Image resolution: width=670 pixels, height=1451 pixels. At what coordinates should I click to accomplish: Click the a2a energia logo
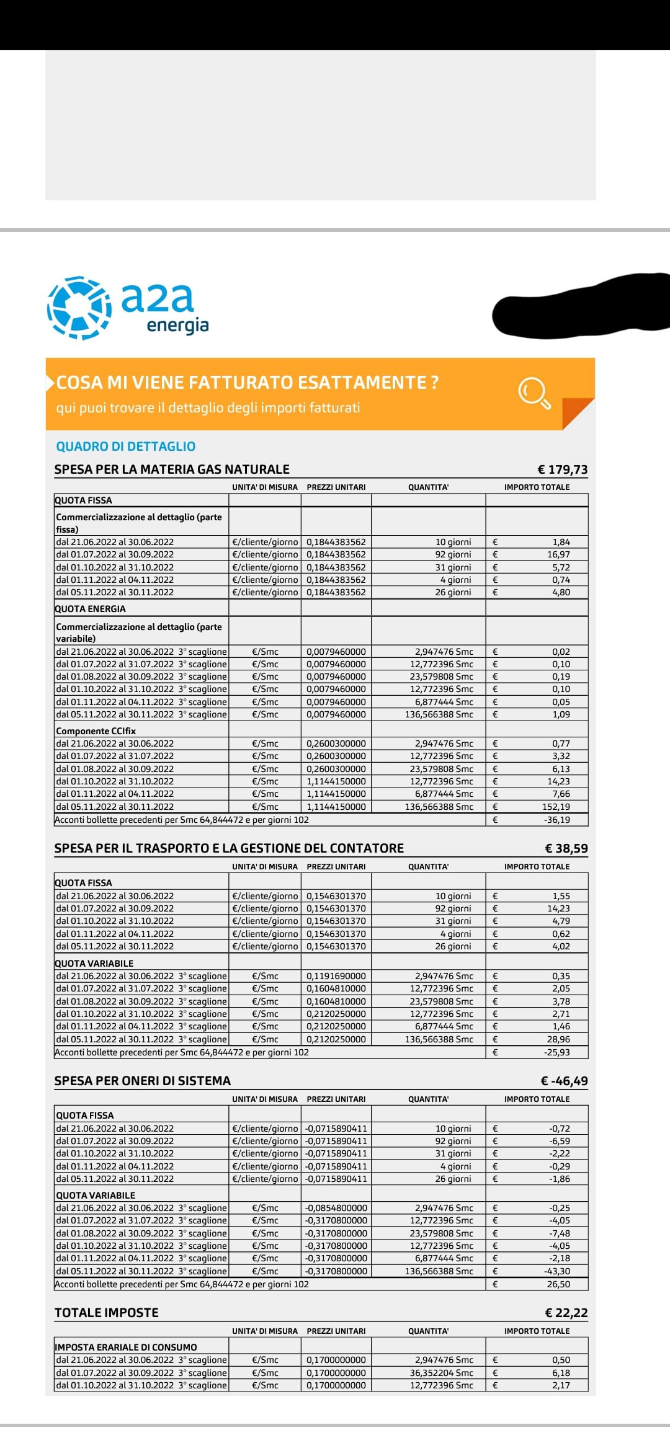[128, 308]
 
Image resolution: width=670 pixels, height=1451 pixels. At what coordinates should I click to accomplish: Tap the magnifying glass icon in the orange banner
[534, 393]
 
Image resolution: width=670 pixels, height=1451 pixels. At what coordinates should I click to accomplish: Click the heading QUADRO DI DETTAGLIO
[125, 446]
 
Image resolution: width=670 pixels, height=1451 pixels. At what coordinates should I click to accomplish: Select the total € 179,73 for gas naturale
[562, 469]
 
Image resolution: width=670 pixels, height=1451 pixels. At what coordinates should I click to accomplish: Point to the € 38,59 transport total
[566, 848]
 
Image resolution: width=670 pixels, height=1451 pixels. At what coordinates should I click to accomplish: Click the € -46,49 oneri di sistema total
[564, 1081]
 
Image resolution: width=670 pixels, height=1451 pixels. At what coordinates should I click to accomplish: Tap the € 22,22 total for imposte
[566, 1313]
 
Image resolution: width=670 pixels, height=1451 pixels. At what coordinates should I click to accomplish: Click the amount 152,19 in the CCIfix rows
[556, 807]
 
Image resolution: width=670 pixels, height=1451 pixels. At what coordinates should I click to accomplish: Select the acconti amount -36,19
[556, 820]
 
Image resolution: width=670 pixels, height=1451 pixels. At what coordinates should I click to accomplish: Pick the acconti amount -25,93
[556, 1052]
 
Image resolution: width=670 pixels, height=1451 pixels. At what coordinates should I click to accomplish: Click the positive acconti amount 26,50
[558, 1284]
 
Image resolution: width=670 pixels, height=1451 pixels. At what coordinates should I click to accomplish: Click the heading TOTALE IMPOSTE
[107, 1313]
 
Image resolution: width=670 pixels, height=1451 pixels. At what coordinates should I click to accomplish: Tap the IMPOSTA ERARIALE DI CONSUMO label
[126, 1347]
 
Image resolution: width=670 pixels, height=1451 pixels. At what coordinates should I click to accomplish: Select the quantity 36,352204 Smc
[441, 1373]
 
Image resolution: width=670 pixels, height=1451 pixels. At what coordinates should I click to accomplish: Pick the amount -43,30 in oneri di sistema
[556, 1271]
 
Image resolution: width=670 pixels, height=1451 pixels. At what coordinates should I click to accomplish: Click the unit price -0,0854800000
[336, 1208]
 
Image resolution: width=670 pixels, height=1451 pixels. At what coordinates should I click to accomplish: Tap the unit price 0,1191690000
[336, 976]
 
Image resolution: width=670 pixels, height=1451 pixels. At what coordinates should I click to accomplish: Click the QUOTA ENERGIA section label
[90, 609]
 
